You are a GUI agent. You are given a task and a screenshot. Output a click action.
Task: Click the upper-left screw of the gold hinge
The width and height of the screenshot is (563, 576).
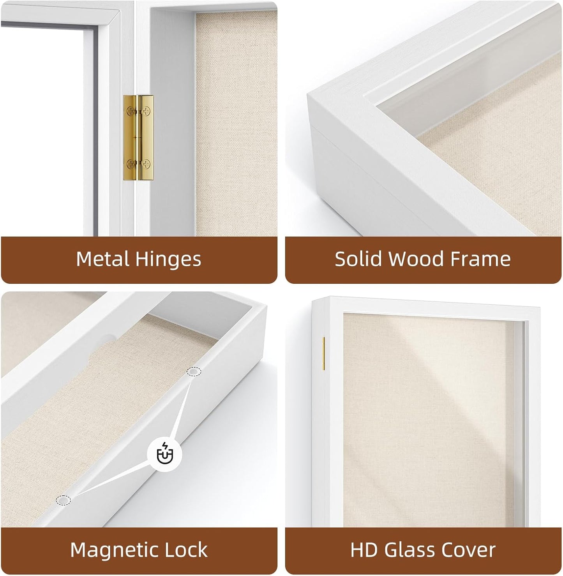click(131, 111)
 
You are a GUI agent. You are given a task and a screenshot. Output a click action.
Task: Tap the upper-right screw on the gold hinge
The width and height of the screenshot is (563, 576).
click(147, 111)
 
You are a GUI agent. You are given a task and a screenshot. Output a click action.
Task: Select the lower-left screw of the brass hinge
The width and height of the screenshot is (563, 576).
click(131, 164)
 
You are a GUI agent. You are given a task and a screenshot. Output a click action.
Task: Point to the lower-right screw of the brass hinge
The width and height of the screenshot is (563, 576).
click(147, 164)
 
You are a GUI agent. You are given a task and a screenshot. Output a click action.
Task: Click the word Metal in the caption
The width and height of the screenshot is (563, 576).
click(103, 259)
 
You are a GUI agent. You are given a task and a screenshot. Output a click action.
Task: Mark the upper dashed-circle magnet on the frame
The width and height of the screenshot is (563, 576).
click(194, 371)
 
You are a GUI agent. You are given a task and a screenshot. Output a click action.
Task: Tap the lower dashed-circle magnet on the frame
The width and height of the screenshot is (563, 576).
click(63, 500)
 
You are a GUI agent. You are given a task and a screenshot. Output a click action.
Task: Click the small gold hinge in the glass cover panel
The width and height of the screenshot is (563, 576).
click(324, 353)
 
